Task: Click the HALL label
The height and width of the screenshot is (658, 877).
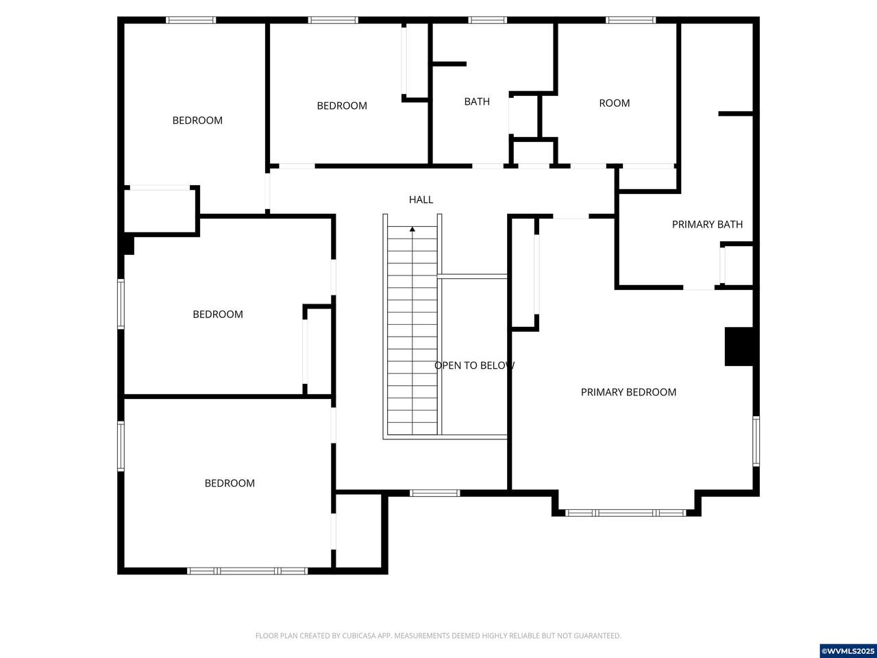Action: (x=421, y=199)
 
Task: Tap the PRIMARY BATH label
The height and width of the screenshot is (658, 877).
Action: (x=707, y=225)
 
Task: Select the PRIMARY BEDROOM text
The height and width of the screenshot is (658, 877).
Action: (x=628, y=392)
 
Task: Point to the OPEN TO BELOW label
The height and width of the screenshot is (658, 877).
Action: (x=474, y=365)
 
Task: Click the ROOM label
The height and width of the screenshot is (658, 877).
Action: (x=615, y=103)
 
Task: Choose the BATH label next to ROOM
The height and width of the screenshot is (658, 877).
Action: (x=477, y=101)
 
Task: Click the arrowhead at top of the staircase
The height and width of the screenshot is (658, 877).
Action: (x=412, y=229)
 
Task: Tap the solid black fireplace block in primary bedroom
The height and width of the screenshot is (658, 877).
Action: (x=739, y=346)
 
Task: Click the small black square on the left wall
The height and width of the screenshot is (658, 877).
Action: (x=127, y=245)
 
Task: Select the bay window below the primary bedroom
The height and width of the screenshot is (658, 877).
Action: (x=626, y=513)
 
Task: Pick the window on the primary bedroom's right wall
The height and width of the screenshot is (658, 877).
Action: (x=756, y=441)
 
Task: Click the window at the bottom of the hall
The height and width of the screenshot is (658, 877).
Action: (x=434, y=493)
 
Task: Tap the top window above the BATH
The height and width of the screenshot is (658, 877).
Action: (x=487, y=20)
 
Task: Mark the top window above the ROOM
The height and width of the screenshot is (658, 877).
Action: (x=630, y=20)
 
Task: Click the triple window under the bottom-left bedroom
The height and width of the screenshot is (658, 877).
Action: (x=247, y=571)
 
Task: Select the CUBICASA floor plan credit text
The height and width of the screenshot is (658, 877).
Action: (x=438, y=635)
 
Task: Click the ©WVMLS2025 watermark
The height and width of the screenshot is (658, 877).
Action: (x=848, y=651)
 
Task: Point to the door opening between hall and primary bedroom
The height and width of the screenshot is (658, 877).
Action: (x=571, y=216)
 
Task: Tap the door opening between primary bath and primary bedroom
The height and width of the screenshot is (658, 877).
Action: (x=698, y=287)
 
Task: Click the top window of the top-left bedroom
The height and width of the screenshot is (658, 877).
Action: (x=191, y=20)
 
